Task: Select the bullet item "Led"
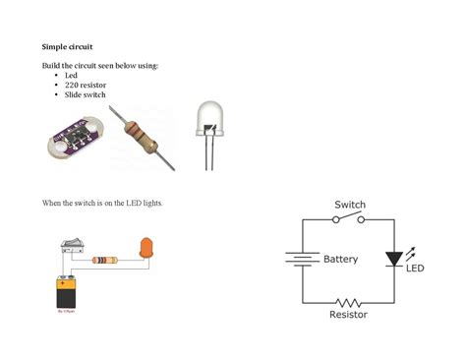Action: coord(71,75)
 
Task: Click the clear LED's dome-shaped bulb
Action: coord(211,117)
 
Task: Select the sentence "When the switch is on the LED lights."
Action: coord(101,203)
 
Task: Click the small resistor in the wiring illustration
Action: coord(105,261)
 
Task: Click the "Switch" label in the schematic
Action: coord(350,205)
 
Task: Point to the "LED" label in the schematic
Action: coord(415,269)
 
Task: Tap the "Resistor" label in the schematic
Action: coord(349,315)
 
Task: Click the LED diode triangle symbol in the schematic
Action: coord(394,259)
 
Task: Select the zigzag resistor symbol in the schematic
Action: coord(348,302)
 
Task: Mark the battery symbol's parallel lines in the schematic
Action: coord(299,260)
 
